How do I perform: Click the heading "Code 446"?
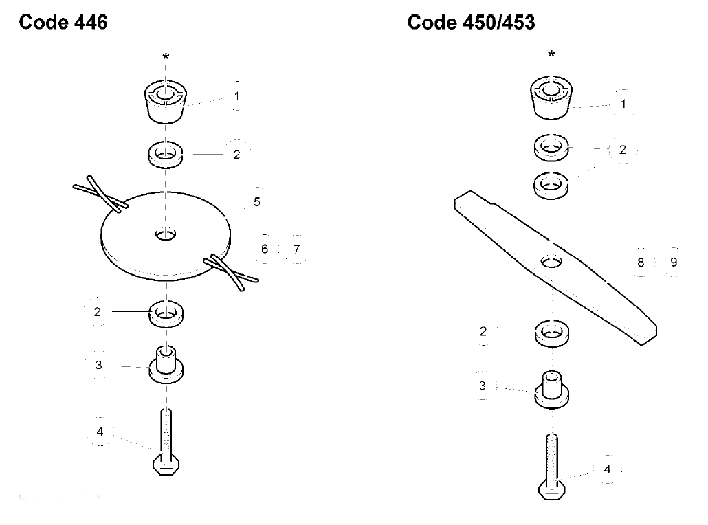[x=63, y=22]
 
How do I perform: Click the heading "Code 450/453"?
[x=471, y=22]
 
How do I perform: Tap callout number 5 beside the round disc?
[x=257, y=202]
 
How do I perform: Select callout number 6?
[x=265, y=249]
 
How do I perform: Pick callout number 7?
[x=296, y=249]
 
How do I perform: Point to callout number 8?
[x=641, y=262]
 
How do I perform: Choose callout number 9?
[x=674, y=262]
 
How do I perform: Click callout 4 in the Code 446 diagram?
[x=100, y=432]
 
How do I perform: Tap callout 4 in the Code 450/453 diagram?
[x=608, y=469]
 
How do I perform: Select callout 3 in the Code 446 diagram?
[x=99, y=365]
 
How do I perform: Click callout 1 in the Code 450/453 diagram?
[x=623, y=104]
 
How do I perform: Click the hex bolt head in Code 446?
[x=166, y=465]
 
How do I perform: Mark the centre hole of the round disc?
[x=166, y=234]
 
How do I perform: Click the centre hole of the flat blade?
[x=551, y=261]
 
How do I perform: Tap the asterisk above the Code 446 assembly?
[x=166, y=57]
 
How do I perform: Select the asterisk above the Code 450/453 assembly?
[x=551, y=54]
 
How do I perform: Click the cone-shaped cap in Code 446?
[x=166, y=102]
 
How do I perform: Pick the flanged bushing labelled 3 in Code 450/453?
[x=551, y=390]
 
